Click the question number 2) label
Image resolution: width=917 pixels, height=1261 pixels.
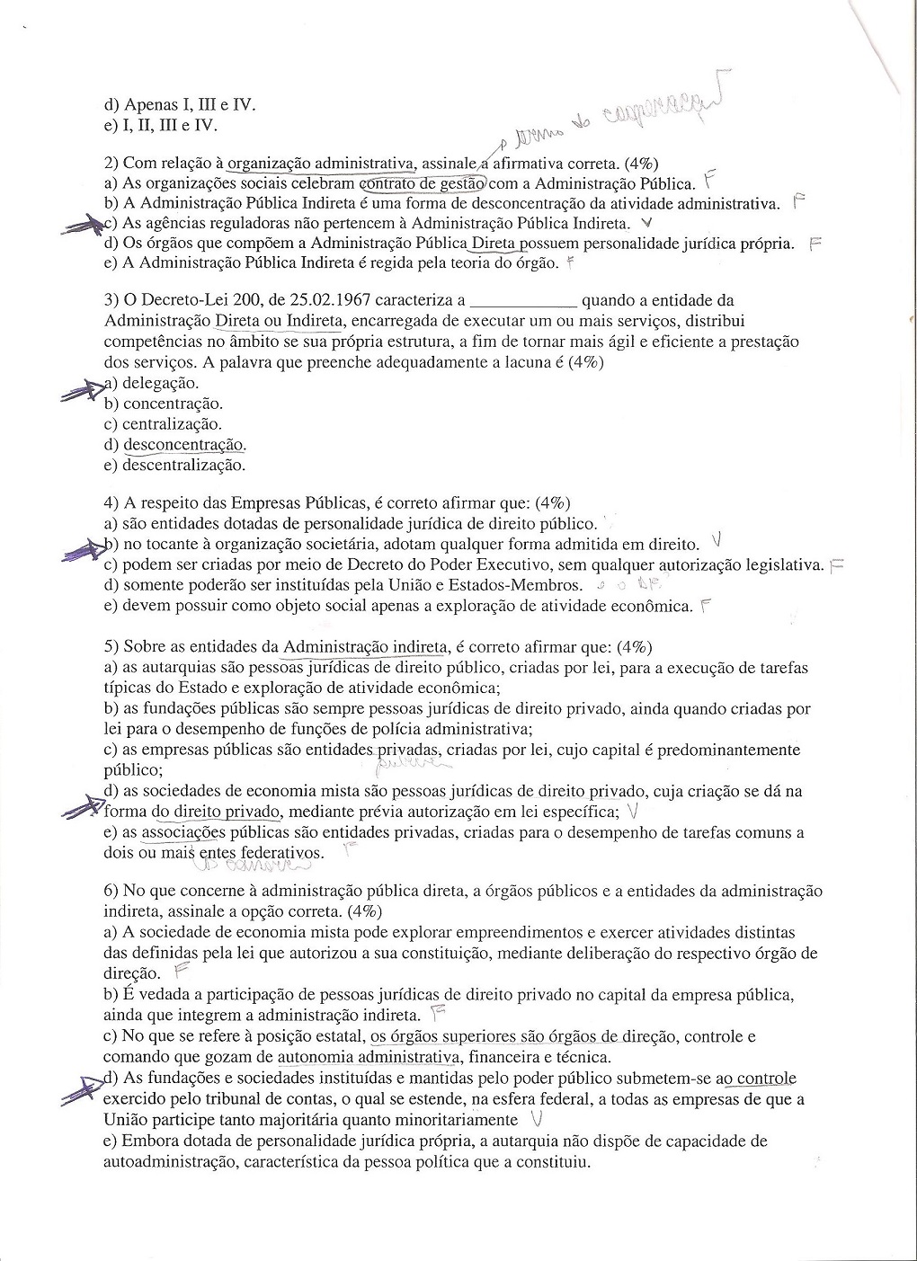coord(111,164)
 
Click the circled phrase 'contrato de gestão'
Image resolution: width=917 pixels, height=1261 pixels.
coord(423,184)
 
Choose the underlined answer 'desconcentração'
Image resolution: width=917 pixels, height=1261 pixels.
coord(184,445)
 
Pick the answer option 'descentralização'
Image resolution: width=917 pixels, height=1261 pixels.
coord(183,466)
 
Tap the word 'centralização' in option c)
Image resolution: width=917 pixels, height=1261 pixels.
coord(172,424)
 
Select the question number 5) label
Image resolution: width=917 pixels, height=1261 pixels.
coord(111,647)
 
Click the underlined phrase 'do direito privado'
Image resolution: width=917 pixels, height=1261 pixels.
coord(216,813)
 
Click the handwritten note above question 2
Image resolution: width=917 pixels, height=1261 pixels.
coord(620,117)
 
